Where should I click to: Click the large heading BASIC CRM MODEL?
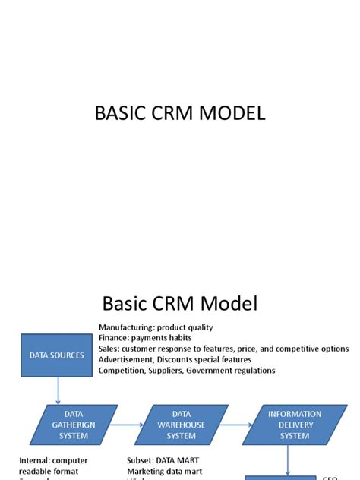(180, 113)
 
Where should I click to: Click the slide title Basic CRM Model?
(180, 305)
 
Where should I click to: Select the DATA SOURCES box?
(57, 355)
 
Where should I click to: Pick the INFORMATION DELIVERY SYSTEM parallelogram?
(295, 425)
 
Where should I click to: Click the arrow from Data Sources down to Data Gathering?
(58, 391)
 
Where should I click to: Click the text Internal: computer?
(53, 460)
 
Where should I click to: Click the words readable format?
(50, 471)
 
